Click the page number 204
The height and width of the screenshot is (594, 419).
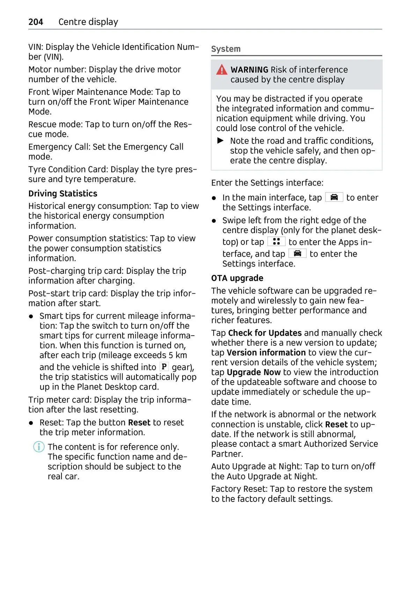pyautogui.click(x=36, y=22)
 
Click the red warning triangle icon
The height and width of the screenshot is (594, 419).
pyautogui.click(x=222, y=70)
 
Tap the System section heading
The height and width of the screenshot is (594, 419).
pyautogui.click(x=226, y=49)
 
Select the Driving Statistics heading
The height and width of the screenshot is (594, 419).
pyautogui.click(x=63, y=194)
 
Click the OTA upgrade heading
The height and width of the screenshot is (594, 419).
pyautogui.click(x=237, y=278)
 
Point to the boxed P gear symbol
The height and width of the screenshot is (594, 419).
pyautogui.click(x=164, y=367)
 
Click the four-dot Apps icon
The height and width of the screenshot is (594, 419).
pyautogui.click(x=276, y=241)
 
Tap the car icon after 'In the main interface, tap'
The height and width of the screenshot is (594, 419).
pyautogui.click(x=334, y=197)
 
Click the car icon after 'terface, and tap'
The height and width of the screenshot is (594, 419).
pyautogui.click(x=297, y=253)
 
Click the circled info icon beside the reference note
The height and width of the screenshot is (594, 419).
pyautogui.click(x=38, y=447)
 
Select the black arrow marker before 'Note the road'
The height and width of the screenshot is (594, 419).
pyautogui.click(x=221, y=141)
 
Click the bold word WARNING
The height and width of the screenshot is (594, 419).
pyautogui.click(x=249, y=70)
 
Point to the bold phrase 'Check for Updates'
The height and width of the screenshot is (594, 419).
pyautogui.click(x=265, y=333)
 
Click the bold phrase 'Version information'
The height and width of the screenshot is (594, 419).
pyautogui.click(x=266, y=352)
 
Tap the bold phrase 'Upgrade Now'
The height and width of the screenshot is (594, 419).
pyautogui.click(x=253, y=372)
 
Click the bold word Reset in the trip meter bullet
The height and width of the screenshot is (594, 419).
pyautogui.click(x=139, y=422)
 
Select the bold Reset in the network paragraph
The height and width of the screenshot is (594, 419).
pyautogui.click(x=336, y=424)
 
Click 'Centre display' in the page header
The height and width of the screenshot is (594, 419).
pyautogui.click(x=88, y=22)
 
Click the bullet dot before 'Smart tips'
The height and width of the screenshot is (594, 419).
pyautogui.click(x=31, y=316)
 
